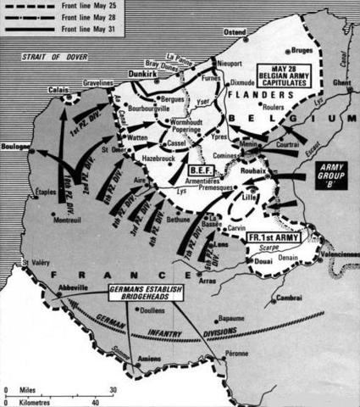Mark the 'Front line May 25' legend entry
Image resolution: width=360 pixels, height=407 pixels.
pyautogui.click(x=92, y=8)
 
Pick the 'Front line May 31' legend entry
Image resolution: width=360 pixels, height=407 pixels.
pyautogui.click(x=92, y=30)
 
